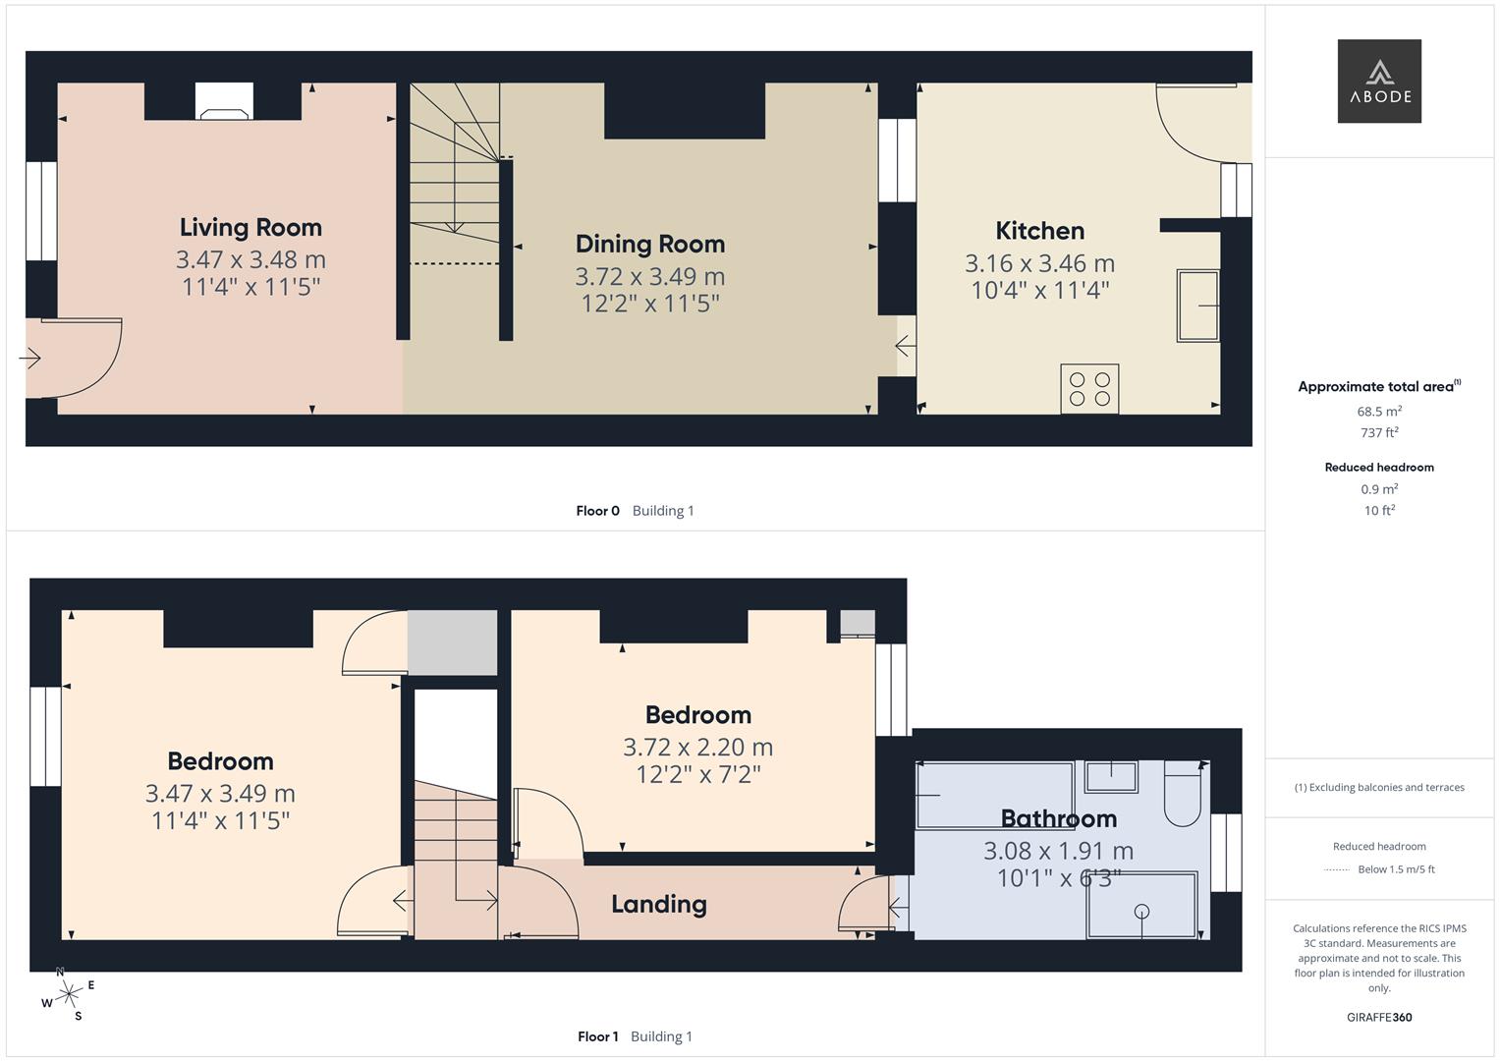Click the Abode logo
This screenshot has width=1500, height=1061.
[1379, 81]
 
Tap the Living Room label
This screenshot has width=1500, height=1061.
[250, 227]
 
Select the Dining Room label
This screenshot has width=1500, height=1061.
[649, 244]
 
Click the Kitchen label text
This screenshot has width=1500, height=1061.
[1039, 231]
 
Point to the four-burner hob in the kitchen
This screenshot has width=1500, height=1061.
[1089, 388]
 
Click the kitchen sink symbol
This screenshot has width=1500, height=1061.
[1198, 306]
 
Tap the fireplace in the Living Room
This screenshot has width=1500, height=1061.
[224, 101]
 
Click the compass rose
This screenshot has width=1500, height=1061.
[68, 994]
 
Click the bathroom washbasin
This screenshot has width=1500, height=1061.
[1111, 777]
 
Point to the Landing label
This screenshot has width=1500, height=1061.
[658, 904]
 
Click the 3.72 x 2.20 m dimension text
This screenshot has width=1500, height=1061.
[697, 748]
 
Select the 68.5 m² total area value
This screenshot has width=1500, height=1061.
[1379, 412]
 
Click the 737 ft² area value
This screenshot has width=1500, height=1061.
[1379, 432]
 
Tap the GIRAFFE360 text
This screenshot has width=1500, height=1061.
[1379, 1018]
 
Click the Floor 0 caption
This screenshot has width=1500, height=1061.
[597, 511]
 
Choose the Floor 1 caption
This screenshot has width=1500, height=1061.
[597, 1036]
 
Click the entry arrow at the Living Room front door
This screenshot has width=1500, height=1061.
[29, 359]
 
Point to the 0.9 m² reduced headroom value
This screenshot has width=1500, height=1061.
[1379, 489]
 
